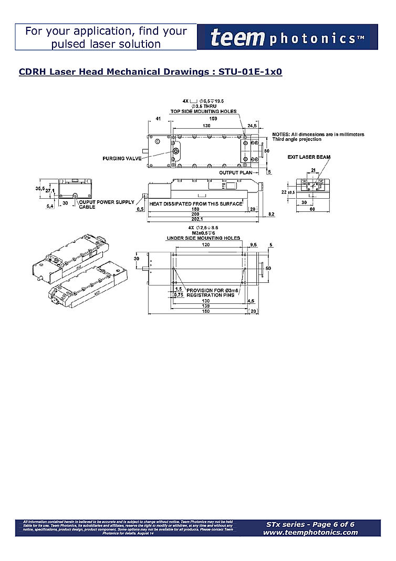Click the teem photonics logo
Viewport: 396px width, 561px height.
click(x=287, y=38)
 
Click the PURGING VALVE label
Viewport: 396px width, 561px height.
click(x=122, y=158)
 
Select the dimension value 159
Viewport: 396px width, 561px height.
click(x=206, y=118)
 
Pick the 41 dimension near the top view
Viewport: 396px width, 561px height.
click(x=158, y=118)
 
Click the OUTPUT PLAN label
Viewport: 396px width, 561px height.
click(x=235, y=172)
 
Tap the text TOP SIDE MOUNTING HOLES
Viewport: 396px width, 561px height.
click(x=203, y=111)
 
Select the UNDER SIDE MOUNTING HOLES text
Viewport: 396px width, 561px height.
click(x=203, y=238)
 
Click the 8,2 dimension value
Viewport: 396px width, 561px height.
click(x=271, y=215)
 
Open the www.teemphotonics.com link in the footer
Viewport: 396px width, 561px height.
click(x=310, y=532)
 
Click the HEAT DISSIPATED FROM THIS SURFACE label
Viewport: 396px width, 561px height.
click(x=196, y=203)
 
